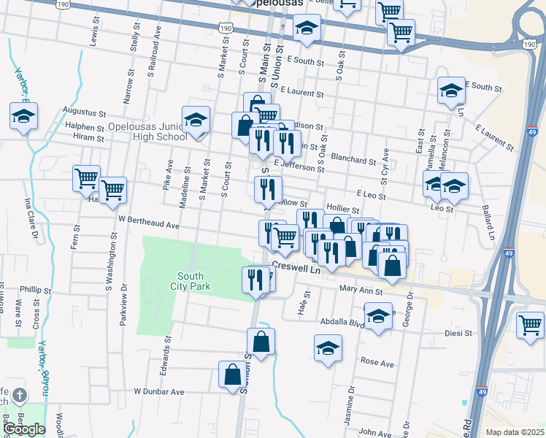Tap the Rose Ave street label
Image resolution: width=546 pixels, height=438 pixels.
tap(377, 363)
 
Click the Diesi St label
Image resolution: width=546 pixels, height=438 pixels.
tap(459, 333)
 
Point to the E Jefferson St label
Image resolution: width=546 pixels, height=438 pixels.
tap(299, 167)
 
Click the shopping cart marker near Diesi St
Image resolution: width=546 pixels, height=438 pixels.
tap(530, 323)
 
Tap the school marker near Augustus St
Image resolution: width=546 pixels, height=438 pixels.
tap(24, 116)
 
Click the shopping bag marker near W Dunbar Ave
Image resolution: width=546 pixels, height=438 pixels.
tap(232, 374)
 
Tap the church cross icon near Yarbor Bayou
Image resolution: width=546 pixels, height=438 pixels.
tap(20, 396)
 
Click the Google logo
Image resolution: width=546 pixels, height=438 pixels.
tap(24, 430)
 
